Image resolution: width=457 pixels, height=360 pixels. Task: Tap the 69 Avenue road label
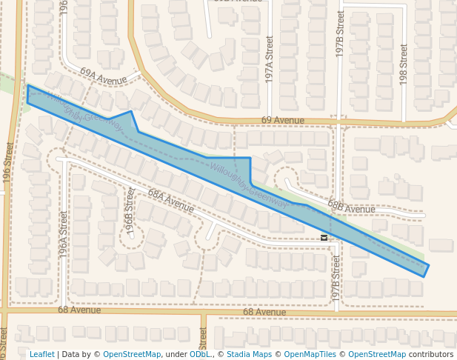tap(282, 120)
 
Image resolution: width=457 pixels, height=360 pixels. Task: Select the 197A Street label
tap(270, 59)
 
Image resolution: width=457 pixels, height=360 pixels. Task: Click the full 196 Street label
tap(8, 163)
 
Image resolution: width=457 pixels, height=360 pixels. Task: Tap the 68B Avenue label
tap(351, 209)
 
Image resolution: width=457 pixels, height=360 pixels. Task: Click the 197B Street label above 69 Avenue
tap(340, 35)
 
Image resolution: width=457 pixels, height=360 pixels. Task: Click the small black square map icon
tap(324, 237)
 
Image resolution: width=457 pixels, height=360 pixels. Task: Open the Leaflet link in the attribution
tap(41, 354)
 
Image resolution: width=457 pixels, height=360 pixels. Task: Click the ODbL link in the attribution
tap(199, 354)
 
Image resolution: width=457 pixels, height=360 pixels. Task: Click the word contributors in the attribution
tap(431, 354)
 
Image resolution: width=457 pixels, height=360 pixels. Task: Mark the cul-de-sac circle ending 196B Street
tap(133, 236)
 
